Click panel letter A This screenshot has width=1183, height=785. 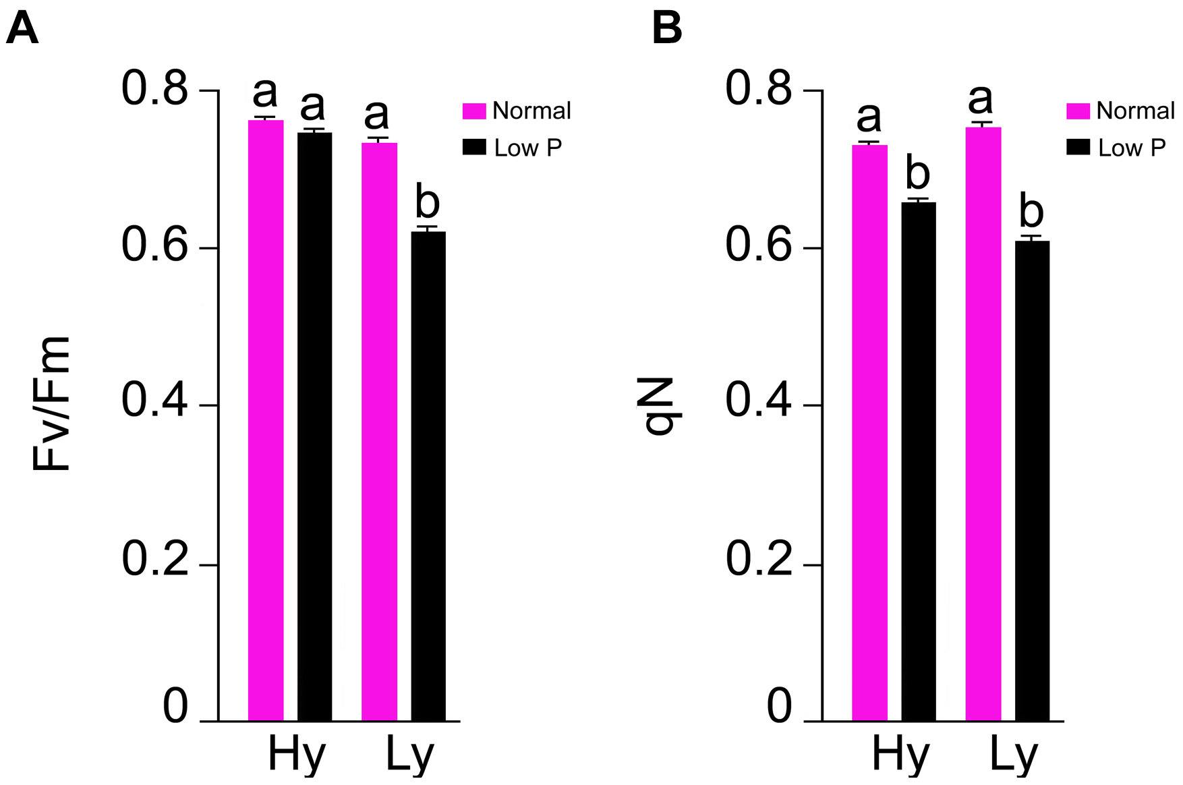pyautogui.click(x=22, y=29)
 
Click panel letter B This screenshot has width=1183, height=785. pyautogui.click(x=667, y=29)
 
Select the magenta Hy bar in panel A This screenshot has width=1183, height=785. pyautogui.click(x=266, y=418)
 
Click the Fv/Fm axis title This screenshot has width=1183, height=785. pyautogui.click(x=52, y=403)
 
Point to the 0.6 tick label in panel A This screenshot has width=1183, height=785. pyautogui.click(x=154, y=245)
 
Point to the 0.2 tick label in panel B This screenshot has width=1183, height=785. pyautogui.click(x=758, y=560)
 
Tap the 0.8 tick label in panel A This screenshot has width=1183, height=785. pyautogui.click(x=154, y=88)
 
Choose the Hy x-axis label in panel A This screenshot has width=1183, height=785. pyautogui.click(x=297, y=754)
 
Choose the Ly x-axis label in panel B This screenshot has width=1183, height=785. pyautogui.click(x=1014, y=754)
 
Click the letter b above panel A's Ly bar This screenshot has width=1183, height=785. pyautogui.click(x=428, y=201)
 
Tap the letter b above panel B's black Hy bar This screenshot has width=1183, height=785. pyautogui.click(x=918, y=173)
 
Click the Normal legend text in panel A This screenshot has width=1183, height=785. pyautogui.click(x=531, y=111)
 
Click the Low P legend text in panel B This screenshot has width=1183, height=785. pyautogui.click(x=1132, y=148)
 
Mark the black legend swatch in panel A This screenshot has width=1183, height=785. pyautogui.click(x=474, y=147)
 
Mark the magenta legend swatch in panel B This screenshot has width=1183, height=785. pyautogui.click(x=1078, y=111)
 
